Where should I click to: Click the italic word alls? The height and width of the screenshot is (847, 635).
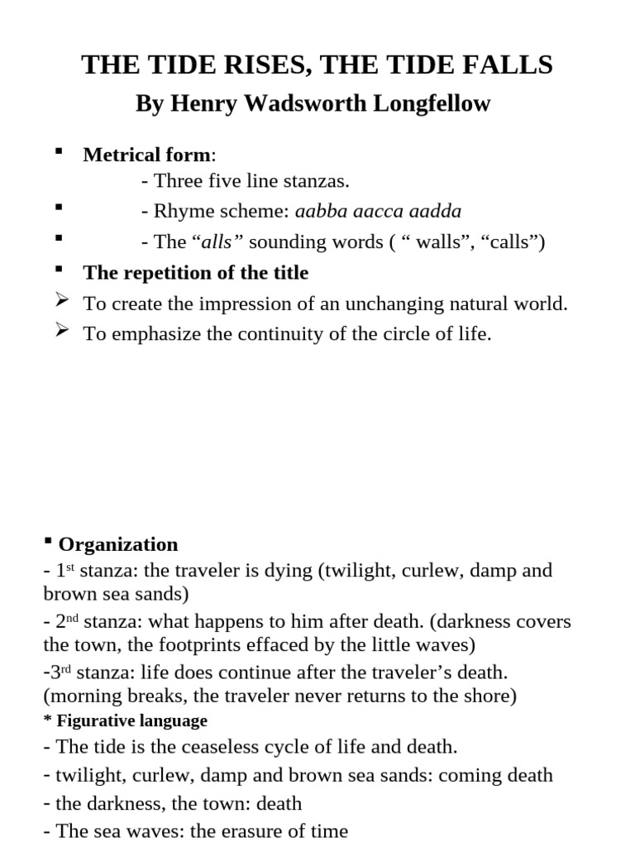tap(217, 242)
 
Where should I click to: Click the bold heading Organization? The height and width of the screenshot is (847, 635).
tap(118, 544)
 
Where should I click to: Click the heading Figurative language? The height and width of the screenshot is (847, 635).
tap(131, 720)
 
